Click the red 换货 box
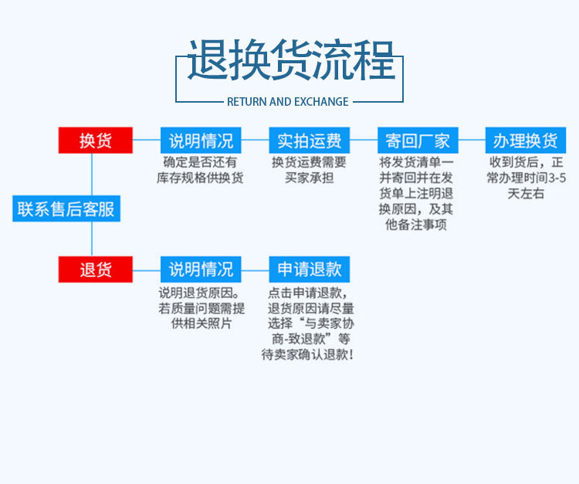[x=96, y=140]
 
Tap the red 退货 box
[x=96, y=269]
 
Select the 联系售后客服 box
[x=66, y=208]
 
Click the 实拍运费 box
[x=309, y=140]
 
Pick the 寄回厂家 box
[x=418, y=140]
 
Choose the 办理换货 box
[x=526, y=140]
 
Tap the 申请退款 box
[x=309, y=269]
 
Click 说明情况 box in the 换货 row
[x=201, y=140]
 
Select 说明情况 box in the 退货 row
[x=201, y=269]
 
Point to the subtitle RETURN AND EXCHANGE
[x=288, y=101]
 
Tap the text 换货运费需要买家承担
[x=309, y=170]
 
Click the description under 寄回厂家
[x=417, y=194]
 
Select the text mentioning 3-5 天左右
[x=526, y=178]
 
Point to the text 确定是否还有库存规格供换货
[x=201, y=170]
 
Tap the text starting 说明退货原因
[x=201, y=308]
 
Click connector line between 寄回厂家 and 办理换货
[x=472, y=140]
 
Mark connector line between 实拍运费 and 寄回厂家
[x=364, y=140]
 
